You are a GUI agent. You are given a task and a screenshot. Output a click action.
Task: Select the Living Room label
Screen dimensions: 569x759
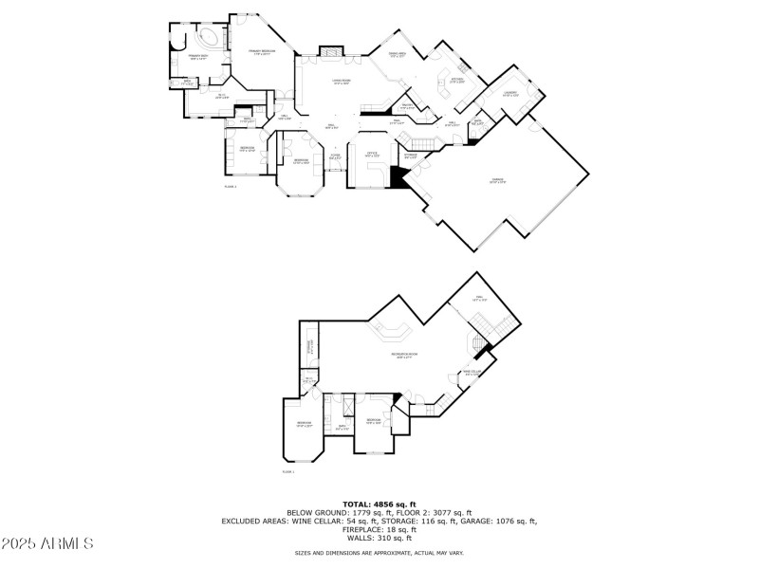coord(342,83)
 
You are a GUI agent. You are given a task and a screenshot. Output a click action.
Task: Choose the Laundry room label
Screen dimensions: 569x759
coord(509,95)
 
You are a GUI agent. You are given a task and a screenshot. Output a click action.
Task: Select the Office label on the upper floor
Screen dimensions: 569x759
coord(373,154)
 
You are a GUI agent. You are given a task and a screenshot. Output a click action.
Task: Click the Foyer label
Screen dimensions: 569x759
coord(335,156)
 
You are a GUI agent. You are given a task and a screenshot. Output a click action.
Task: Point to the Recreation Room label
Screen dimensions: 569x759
coord(405,356)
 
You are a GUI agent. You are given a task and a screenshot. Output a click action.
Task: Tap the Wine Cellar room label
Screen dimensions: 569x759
coord(472,373)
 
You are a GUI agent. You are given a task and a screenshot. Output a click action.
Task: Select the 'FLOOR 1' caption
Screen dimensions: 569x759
coord(287,471)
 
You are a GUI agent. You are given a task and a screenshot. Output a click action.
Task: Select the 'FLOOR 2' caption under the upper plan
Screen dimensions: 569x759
coord(230,187)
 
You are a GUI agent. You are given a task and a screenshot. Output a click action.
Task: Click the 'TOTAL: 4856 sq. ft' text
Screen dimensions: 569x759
coord(379,504)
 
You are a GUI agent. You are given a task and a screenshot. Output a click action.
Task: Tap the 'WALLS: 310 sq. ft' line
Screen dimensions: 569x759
coord(379,538)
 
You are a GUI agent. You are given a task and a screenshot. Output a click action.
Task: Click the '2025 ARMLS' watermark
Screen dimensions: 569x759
coord(47,543)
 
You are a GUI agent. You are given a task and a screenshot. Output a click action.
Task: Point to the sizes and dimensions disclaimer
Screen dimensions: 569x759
coord(379,552)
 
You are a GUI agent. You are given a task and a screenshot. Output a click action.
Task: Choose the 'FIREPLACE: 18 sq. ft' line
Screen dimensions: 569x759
coord(379,529)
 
